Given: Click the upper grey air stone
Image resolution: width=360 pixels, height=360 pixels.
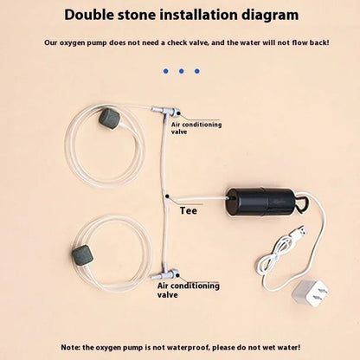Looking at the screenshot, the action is tap(107, 117).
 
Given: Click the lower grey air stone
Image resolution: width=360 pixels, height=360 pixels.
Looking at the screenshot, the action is tap(81, 254).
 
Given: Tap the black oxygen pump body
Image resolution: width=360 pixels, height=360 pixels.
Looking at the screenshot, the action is tap(260, 202).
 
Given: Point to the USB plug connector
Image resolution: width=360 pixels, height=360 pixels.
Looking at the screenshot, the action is tap(300, 231).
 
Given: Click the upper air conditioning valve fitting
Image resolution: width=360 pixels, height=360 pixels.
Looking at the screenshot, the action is tap(166, 112).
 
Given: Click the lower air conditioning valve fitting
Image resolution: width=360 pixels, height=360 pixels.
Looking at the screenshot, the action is tap(165, 274).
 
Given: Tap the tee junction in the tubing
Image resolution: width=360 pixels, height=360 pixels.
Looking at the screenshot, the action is tap(167, 196).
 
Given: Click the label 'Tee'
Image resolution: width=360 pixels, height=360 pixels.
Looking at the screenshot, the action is tap(189, 210).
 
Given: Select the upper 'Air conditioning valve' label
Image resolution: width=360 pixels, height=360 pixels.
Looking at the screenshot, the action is tap(196, 128).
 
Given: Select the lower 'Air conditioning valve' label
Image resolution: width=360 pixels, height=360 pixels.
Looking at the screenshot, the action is tap(189, 290).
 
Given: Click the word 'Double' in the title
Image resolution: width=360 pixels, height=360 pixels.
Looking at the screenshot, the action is tap(89, 15).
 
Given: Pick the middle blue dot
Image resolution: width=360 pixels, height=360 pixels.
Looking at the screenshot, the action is tap(181, 71).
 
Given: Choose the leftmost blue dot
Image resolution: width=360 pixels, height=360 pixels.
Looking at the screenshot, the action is tap(165, 71).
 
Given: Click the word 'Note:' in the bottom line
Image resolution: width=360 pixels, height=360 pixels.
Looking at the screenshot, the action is tap(71, 347).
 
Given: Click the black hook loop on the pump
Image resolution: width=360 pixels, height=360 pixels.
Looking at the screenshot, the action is tap(303, 203).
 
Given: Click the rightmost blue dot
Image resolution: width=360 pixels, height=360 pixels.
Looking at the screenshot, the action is tap(197, 71).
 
